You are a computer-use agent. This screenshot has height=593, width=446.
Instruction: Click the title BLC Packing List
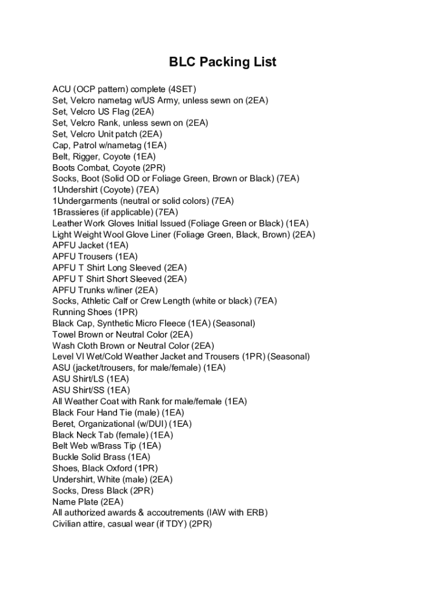(222, 62)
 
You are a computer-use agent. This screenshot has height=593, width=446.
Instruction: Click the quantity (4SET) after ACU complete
(182, 89)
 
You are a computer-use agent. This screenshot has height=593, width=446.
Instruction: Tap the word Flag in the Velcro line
(120, 112)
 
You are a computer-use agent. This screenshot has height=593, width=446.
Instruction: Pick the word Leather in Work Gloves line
(67, 223)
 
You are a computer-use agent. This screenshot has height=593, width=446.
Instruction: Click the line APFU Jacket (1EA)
(90, 246)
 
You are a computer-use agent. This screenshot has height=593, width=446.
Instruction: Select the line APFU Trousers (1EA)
(95, 257)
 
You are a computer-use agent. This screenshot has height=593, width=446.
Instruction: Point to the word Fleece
(172, 323)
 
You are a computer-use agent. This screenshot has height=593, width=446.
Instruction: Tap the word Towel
(64, 335)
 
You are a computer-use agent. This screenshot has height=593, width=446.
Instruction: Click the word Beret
(63, 424)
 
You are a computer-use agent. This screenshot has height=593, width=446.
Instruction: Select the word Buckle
(65, 457)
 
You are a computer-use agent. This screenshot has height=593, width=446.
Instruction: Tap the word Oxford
(119, 468)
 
